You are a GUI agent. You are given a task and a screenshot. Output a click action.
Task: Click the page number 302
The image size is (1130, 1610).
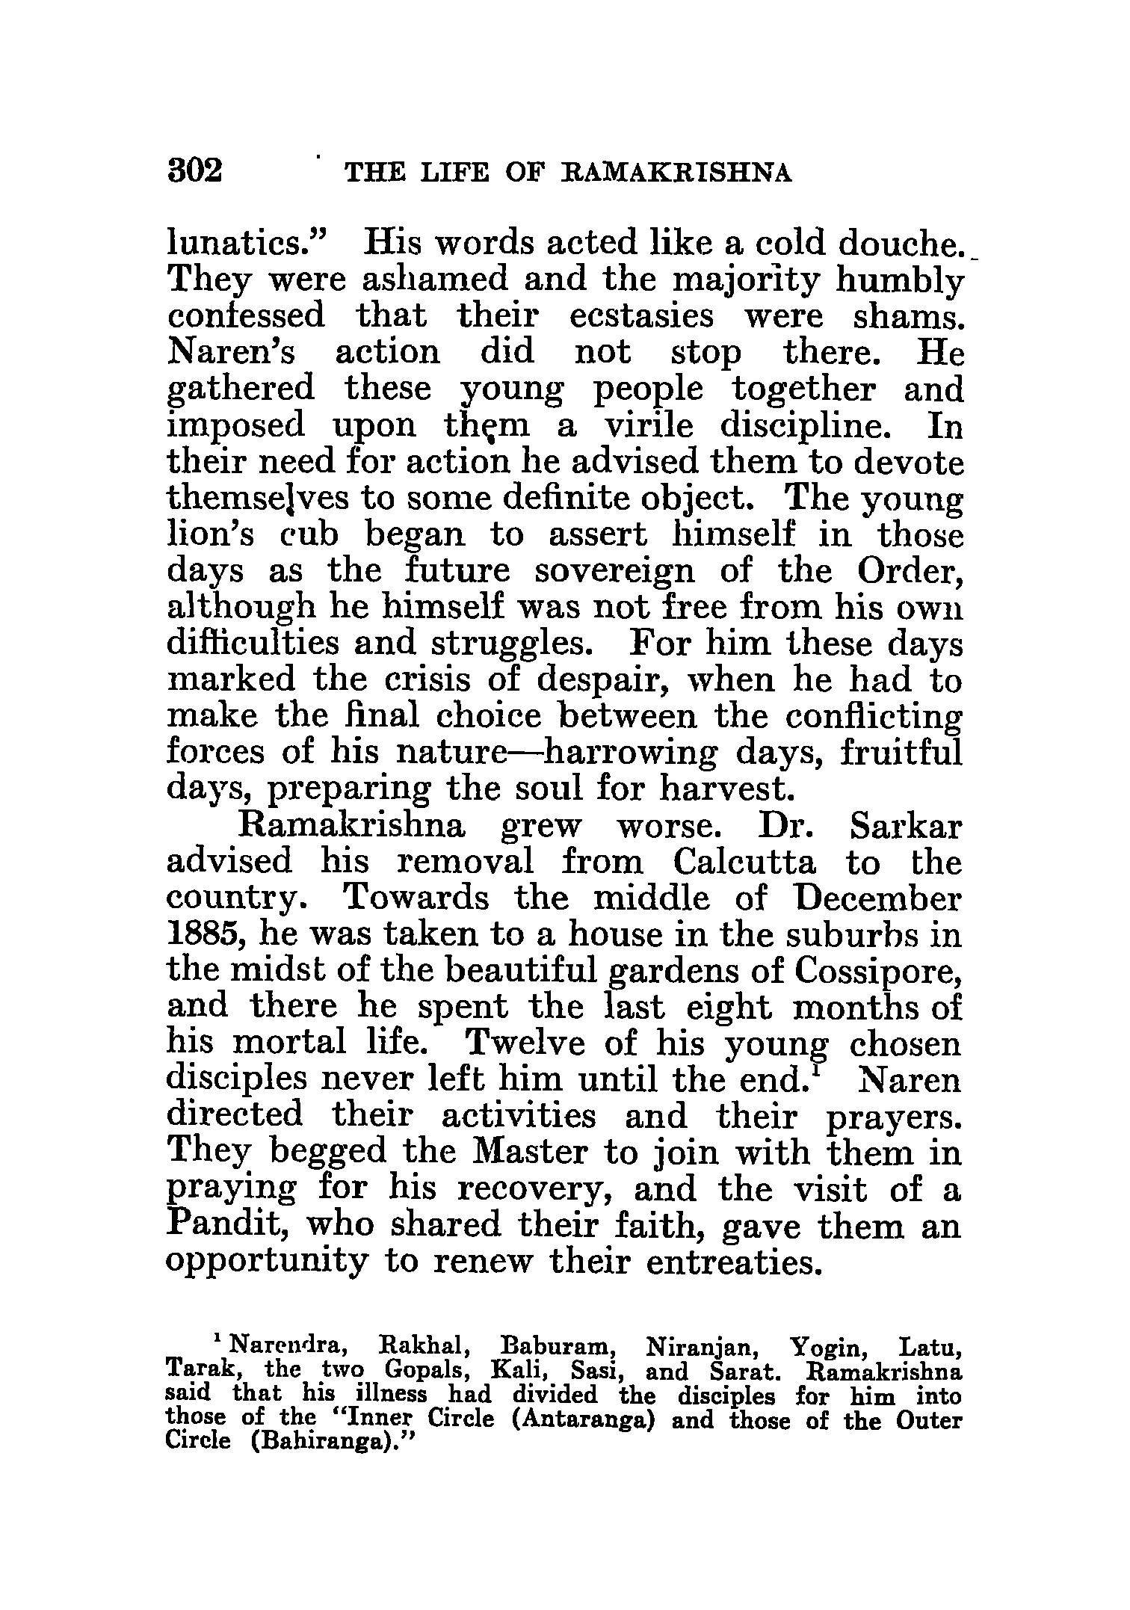click(196, 172)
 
